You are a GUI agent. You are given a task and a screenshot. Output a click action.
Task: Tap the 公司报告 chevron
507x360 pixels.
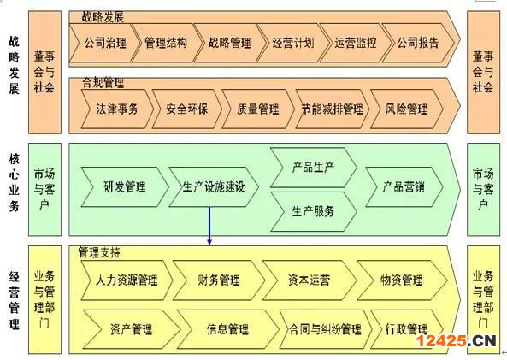tap(418, 43)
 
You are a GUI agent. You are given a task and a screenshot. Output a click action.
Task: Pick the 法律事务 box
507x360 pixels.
tap(117, 109)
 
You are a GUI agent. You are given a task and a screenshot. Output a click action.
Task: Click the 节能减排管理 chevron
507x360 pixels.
tap(332, 109)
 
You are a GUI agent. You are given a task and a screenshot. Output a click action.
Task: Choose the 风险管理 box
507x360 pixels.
tap(406, 109)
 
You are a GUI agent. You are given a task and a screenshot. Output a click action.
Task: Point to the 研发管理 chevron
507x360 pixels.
tap(125, 187)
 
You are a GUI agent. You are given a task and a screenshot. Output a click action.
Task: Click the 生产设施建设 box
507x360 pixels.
tap(214, 187)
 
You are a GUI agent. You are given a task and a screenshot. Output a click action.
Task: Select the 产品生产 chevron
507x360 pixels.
tap(313, 168)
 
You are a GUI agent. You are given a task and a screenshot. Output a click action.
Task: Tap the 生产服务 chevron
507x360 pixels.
tap(313, 211)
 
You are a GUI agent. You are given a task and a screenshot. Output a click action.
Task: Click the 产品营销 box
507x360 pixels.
tap(404, 187)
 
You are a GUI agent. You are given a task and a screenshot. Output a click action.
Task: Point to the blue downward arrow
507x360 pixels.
tap(209, 226)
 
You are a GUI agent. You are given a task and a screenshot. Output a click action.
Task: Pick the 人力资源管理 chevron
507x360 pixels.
tap(127, 280)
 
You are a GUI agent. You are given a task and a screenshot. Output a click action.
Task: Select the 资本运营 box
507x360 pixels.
tap(310, 280)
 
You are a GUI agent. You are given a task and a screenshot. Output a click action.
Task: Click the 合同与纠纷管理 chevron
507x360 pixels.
tap(325, 329)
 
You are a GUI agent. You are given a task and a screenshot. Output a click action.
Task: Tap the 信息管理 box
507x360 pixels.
tap(227, 329)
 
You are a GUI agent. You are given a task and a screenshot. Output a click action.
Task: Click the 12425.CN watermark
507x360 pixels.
tap(457, 341)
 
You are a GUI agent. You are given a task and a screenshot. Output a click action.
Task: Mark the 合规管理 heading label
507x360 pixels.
tap(103, 82)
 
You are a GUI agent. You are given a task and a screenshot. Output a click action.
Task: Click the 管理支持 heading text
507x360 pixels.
tap(99, 252)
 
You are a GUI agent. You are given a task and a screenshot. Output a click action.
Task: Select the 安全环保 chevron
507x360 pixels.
tap(187, 109)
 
